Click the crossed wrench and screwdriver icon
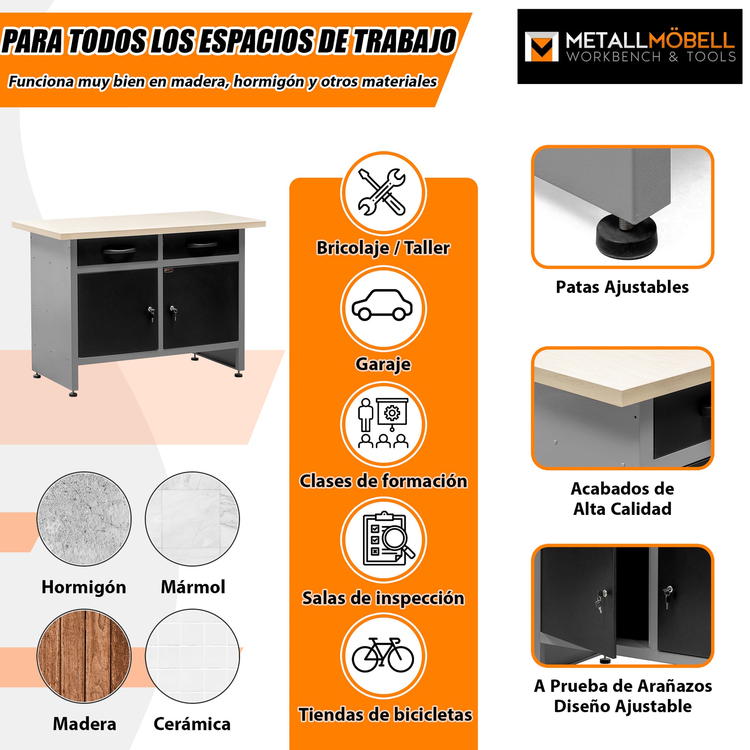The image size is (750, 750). tap(382, 193)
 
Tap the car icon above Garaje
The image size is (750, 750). tap(382, 305)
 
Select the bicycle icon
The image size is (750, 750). tap(383, 655)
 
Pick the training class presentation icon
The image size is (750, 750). tap(383, 423)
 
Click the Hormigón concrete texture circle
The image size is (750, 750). tap(84, 519)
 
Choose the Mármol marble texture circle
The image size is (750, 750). tap(193, 519)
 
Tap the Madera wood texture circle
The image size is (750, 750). tap(84, 656)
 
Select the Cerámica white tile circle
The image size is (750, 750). tap(193, 656)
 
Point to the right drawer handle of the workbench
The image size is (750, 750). tap(202, 246)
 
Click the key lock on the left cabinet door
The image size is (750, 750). tap(151, 311)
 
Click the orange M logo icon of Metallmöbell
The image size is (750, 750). tap(541, 47)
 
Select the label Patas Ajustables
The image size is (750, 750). tap(622, 287)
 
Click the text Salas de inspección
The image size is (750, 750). tap(383, 598)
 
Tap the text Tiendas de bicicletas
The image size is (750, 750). tap(385, 715)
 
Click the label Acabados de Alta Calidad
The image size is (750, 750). tap(622, 499)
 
